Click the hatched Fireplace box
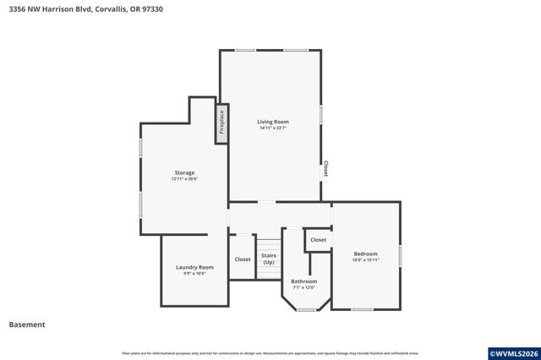tap(221, 123)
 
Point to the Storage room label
tap(184, 172)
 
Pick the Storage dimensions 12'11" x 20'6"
tap(184, 179)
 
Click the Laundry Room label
tap(194, 267)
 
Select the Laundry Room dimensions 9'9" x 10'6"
tap(194, 274)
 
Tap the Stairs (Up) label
tap(269, 259)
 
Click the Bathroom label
tap(303, 281)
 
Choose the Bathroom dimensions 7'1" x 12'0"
tap(303, 287)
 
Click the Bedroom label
tap(365, 254)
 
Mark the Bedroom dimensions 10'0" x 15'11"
tap(365, 260)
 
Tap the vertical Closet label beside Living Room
tap(325, 169)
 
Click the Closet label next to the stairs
tap(243, 259)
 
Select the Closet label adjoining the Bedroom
tap(318, 240)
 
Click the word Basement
tap(27, 325)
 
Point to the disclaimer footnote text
tap(270, 353)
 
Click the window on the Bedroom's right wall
tap(400, 255)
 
